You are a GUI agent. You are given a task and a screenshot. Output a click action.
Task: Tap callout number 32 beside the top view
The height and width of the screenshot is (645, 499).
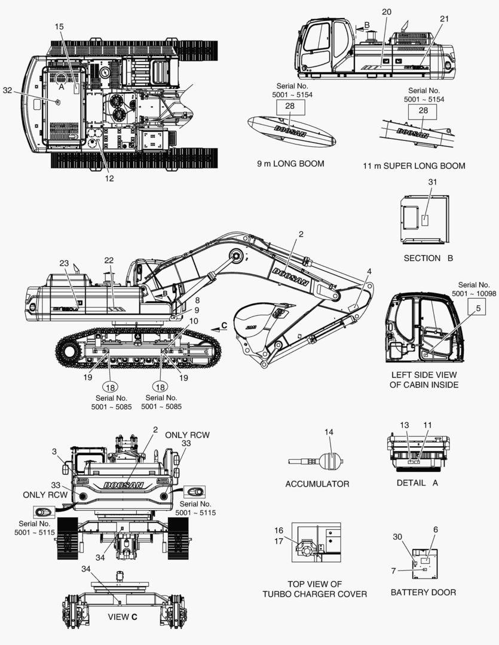7,90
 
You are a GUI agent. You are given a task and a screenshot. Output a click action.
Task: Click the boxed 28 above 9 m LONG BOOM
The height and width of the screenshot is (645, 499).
290,107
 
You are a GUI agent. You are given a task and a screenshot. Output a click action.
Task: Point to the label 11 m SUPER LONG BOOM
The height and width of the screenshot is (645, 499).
414,165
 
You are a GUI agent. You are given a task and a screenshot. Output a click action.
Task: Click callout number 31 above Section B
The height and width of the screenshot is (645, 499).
433,182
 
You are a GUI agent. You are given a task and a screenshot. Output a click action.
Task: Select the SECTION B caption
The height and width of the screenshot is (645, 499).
428,258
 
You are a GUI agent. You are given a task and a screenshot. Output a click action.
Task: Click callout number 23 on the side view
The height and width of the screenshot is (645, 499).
65,263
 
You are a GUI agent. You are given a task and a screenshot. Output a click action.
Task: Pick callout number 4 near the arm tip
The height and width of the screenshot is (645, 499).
369,271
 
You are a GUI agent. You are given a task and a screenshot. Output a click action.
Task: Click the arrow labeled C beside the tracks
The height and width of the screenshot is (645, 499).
218,325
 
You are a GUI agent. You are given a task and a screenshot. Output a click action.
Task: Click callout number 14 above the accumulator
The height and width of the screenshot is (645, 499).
329,432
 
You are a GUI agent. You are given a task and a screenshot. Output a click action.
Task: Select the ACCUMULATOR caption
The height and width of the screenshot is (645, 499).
317,483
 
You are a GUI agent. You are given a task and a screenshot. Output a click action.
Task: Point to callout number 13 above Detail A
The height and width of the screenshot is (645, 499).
405,425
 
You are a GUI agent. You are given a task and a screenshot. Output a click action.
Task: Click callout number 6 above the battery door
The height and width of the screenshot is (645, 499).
435,529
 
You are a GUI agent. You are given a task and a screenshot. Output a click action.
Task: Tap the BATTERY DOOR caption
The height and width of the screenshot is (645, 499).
423,592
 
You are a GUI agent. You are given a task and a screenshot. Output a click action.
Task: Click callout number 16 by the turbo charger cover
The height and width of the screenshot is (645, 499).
279,530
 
